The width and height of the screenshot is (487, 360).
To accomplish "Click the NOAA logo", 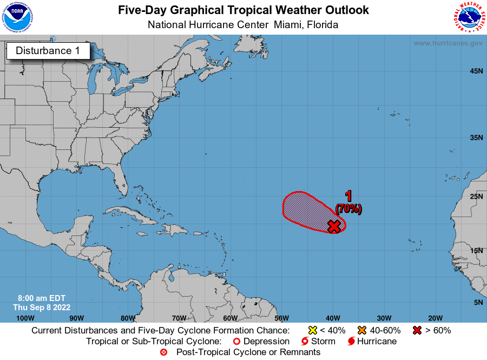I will (17, 18).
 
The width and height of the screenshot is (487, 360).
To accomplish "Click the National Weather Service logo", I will (468, 18).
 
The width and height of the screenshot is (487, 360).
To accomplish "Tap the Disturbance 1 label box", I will (48, 51).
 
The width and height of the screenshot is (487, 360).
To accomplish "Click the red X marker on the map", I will (334, 226).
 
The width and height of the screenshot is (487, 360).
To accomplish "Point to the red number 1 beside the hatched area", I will (348, 196).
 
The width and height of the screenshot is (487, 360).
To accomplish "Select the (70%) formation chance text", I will (348, 208).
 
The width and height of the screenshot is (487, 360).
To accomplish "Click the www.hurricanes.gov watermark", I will (448, 43).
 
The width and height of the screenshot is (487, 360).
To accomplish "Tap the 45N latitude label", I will (476, 71).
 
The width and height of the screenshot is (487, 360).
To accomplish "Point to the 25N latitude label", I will (476, 196).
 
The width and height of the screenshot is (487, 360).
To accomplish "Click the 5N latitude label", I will (478, 302).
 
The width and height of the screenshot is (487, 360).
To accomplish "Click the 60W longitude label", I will (230, 318).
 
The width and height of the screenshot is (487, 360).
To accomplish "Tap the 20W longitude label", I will (435, 318).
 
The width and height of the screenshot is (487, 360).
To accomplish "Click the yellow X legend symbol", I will (312, 330).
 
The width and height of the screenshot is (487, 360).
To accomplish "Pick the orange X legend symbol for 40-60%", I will (362, 330).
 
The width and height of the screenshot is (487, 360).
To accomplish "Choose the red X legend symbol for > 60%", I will (417, 330).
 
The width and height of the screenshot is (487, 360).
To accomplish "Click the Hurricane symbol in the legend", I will (351, 342).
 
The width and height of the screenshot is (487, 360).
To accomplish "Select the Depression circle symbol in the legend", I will (236, 342).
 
